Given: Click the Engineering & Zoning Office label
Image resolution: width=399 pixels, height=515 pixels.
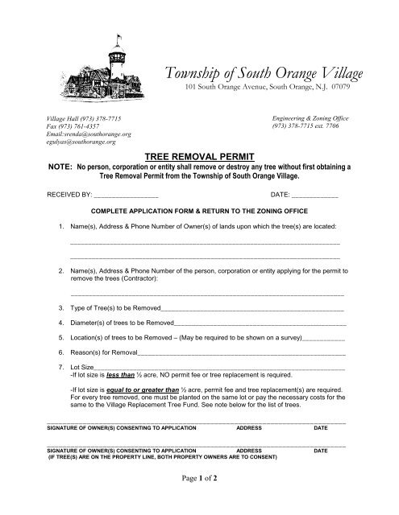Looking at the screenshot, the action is point(311,117).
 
